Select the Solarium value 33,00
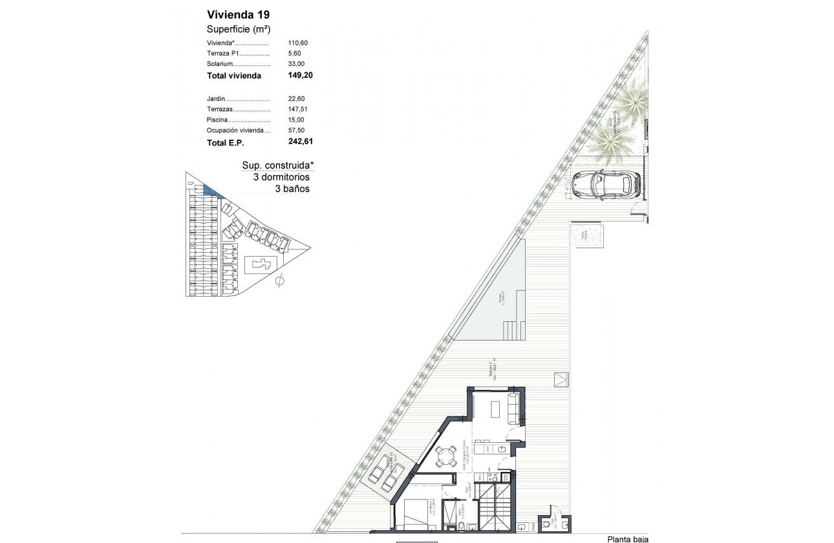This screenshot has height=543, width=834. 296,63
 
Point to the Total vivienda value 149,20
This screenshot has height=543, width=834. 301,75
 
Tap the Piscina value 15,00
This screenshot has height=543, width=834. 296,120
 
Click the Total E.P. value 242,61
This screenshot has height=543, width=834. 301,141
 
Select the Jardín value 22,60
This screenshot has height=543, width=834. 296,98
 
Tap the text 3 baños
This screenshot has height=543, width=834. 292,189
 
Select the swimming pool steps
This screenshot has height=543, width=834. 515,330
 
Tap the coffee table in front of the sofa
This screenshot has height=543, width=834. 495,409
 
